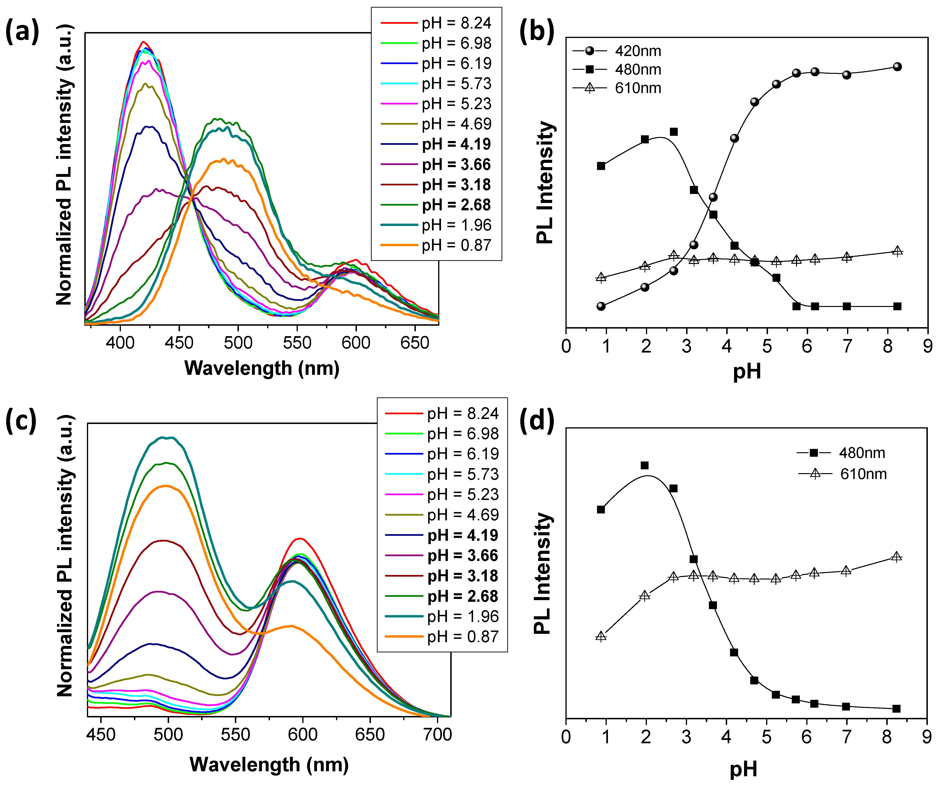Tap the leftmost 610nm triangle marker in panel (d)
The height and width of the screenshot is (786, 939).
(x=601, y=636)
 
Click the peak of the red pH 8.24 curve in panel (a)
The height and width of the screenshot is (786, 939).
(x=143, y=42)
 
